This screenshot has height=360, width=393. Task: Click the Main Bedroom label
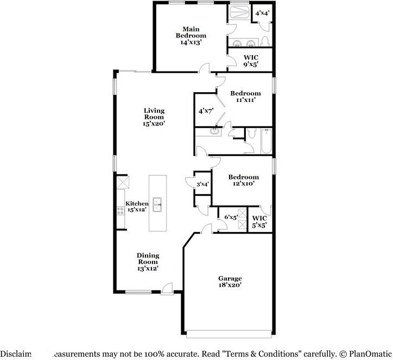pyautogui.click(x=191, y=35)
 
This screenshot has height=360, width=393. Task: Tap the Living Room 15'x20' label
pyautogui.click(x=154, y=117)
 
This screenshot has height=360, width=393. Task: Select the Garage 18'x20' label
pyautogui.click(x=230, y=281)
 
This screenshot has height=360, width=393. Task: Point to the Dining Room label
pyautogui.click(x=147, y=261)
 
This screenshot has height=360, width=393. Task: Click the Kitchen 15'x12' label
pyautogui.click(x=137, y=207)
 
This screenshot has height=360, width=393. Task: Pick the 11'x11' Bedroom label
pyautogui.click(x=245, y=97)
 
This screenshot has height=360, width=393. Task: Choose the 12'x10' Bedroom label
pyautogui.click(x=243, y=181)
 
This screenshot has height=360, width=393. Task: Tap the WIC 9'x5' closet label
pyautogui.click(x=250, y=60)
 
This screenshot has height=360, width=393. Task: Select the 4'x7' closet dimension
pyautogui.click(x=205, y=111)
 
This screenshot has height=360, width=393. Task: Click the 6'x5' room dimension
pyautogui.click(x=231, y=217)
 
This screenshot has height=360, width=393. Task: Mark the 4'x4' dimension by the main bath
pyautogui.click(x=262, y=12)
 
